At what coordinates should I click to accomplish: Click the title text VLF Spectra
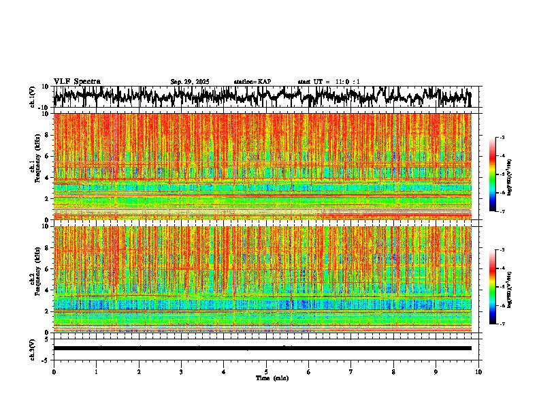77,81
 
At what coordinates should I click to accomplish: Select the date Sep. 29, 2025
190,82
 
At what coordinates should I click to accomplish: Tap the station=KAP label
252,82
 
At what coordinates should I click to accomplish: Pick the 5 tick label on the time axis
266,372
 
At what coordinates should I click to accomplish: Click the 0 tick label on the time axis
54,372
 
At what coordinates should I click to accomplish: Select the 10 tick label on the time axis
478,372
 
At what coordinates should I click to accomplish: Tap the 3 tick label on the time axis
181,372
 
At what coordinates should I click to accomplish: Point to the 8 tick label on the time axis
393,372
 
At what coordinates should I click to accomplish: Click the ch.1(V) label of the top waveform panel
33,97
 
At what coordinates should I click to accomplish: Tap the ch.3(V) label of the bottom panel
33,348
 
